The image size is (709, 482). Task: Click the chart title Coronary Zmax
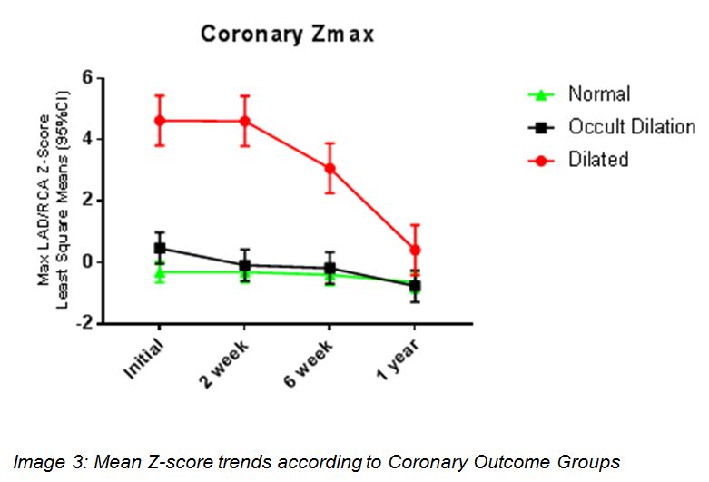[x=287, y=34]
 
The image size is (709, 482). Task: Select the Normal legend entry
[x=598, y=94]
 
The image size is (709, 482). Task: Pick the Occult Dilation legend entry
[x=631, y=127]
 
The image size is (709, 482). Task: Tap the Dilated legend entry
[x=598, y=160]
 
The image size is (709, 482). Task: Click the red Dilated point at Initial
[x=160, y=120]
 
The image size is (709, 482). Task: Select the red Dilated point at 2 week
[x=244, y=121]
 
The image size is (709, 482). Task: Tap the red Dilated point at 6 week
[x=330, y=168]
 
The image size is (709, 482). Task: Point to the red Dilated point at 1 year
[x=415, y=250]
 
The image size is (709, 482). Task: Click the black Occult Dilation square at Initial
[x=160, y=248]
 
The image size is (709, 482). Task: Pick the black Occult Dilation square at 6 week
[x=330, y=269]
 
